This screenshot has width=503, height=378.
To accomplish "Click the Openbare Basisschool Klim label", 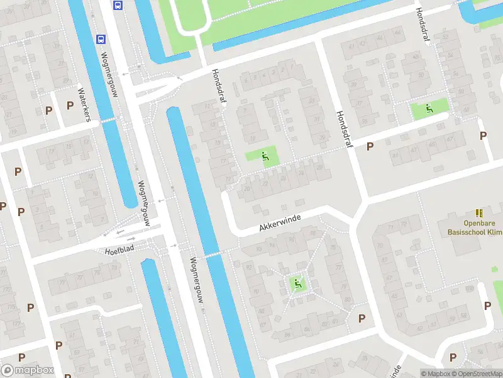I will [x=475, y=227].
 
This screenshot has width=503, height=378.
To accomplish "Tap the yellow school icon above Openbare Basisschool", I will [x=479, y=214].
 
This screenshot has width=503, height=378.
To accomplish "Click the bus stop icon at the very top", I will [x=118, y=5].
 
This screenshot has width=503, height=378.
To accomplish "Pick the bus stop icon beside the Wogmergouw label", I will [x=100, y=38].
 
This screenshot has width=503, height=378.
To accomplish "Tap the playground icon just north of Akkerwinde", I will [x=265, y=156].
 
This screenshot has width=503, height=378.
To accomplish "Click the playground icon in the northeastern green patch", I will [x=429, y=108].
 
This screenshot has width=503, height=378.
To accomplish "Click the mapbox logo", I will [x=27, y=370].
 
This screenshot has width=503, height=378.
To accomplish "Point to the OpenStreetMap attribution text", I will [x=477, y=374].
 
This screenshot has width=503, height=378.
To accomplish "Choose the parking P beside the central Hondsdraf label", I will [x=370, y=146].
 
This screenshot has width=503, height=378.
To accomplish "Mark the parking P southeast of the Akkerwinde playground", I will [x=362, y=318].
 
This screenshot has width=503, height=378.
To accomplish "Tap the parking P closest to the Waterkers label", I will [x=70, y=105].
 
